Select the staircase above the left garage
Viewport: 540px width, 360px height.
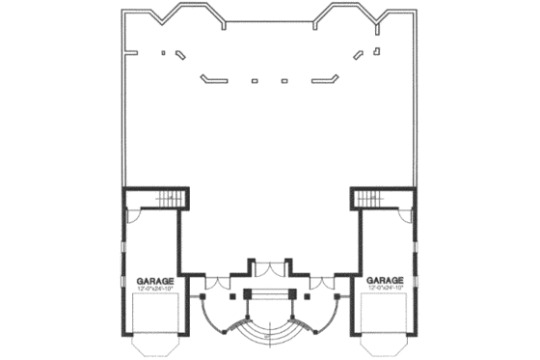click(168, 199)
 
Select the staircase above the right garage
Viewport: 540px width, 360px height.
click(369, 199)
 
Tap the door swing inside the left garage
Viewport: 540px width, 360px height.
click(137, 218)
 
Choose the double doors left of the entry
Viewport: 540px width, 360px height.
click(216, 283)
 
